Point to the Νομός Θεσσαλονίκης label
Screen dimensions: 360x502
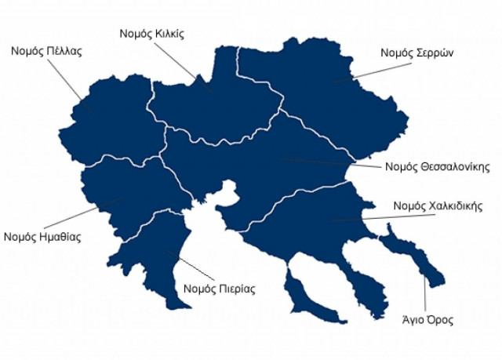[438, 167]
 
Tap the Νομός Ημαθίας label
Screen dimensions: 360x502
[42, 236]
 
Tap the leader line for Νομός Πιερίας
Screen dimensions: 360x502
[191, 267]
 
